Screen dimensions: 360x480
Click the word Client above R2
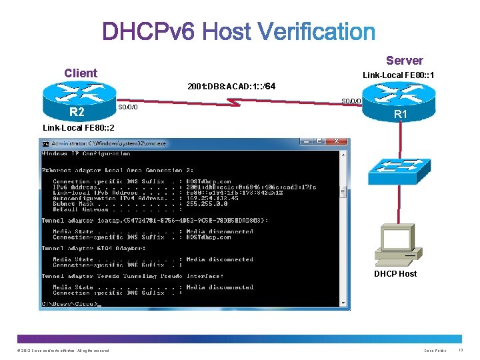click(x=80, y=73)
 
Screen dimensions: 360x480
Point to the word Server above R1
click(x=404, y=61)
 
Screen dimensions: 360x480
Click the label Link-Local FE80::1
click(x=399, y=75)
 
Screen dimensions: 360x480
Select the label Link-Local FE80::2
click(x=78, y=127)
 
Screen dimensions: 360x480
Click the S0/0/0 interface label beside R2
click(x=127, y=107)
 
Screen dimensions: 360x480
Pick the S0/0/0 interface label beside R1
click(x=351, y=101)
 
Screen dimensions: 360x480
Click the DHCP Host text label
click(x=395, y=273)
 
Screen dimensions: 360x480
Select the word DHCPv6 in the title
click(x=149, y=31)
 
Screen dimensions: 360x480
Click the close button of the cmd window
click(x=337, y=141)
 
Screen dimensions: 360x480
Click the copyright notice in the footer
click(x=63, y=351)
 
